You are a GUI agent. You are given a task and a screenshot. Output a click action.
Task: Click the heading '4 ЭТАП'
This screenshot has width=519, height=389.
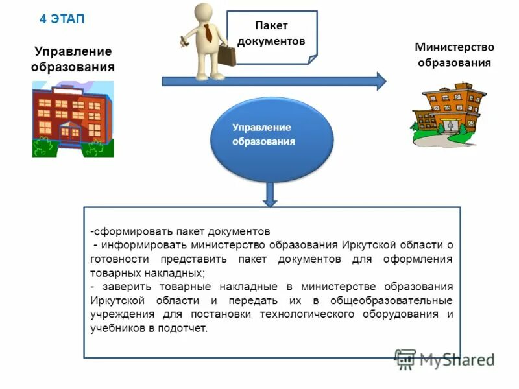62,19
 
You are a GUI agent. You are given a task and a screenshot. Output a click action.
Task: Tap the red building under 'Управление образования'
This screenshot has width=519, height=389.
73,119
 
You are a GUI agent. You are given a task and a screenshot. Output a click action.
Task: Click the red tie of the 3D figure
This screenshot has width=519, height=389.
207,32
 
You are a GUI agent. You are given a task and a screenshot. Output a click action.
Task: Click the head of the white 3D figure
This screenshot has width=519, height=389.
204,12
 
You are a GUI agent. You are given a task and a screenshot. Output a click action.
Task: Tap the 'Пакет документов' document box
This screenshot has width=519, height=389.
272,34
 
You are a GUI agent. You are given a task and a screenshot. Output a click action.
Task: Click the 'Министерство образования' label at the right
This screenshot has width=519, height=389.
454,54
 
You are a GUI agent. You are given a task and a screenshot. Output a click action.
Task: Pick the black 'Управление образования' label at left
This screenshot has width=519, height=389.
73,59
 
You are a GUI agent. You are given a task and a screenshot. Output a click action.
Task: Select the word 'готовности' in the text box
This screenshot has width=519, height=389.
116,259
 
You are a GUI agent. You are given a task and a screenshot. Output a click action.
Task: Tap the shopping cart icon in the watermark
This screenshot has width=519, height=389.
405,359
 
